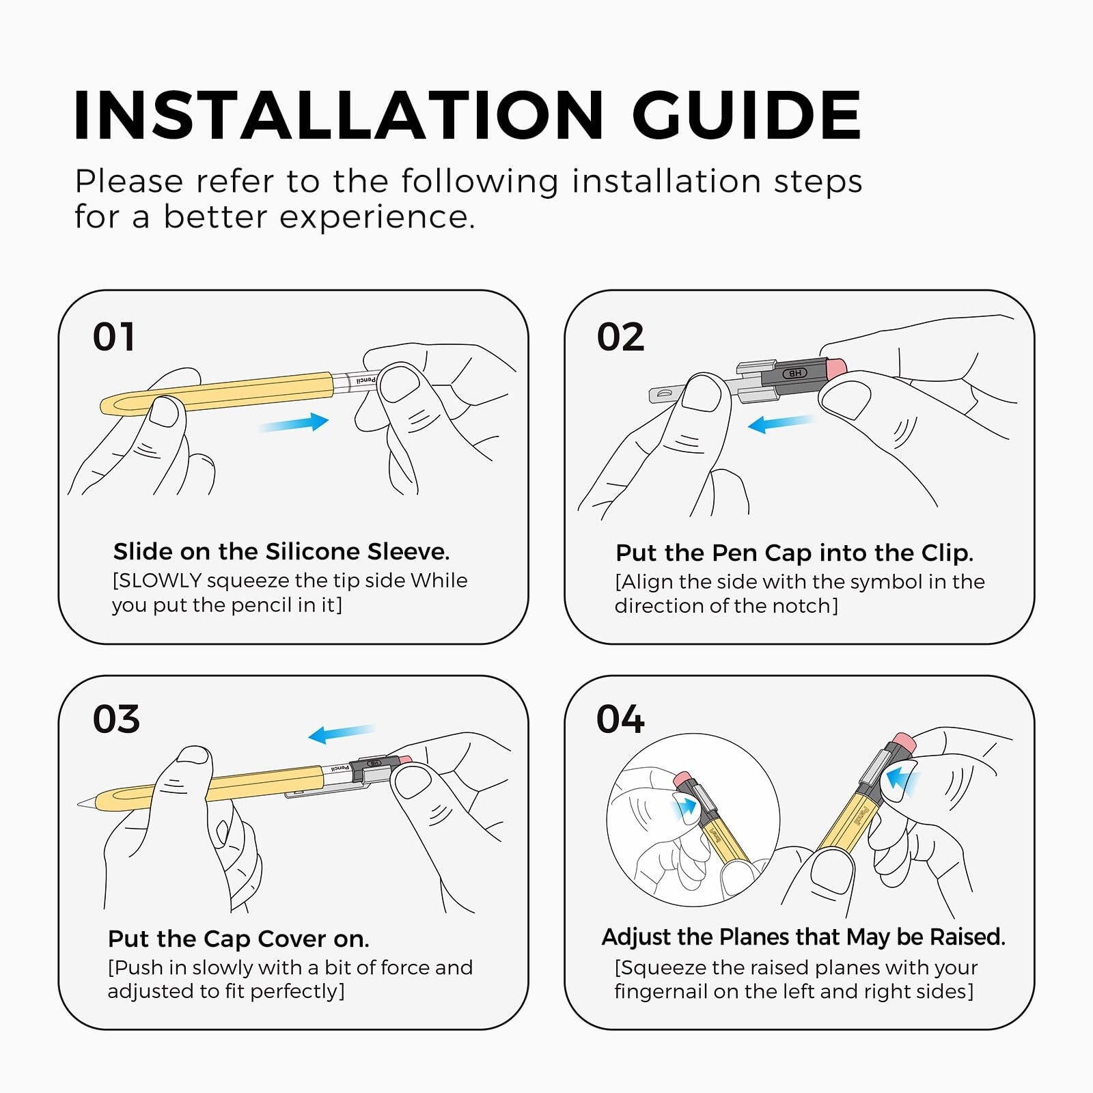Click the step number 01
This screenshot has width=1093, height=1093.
pyautogui.click(x=113, y=337)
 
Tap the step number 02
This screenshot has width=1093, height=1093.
pyautogui.click(x=620, y=337)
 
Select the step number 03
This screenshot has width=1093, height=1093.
pyautogui.click(x=116, y=719)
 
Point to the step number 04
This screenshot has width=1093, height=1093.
pyautogui.click(x=620, y=719)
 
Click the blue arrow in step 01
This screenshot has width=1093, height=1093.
pyautogui.click(x=294, y=423)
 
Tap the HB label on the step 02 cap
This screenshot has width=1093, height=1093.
pyautogui.click(x=795, y=373)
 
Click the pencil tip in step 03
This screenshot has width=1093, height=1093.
pyautogui.click(x=79, y=805)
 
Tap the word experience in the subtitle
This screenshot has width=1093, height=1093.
pyautogui.click(x=377, y=217)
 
